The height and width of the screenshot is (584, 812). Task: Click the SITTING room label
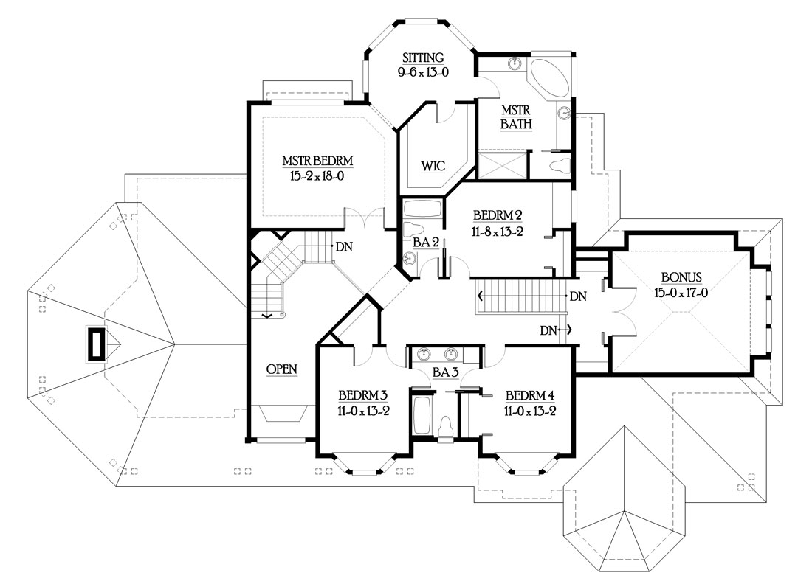pos(423,58)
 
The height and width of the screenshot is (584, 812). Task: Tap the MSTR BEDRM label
pos(317,161)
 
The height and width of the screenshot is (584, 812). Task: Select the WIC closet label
pos(433,166)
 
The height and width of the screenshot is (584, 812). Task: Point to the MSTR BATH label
pos(516,117)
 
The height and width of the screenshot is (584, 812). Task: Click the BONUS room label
pos(681,277)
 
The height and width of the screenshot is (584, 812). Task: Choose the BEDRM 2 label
pos(497,215)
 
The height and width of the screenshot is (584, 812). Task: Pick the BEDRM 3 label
pos(363,396)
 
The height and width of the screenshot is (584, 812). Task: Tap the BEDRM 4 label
pos(530,396)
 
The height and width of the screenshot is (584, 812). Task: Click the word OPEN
pos(282,369)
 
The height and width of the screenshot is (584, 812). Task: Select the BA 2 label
pos(426,242)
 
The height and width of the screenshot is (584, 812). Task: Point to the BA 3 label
pos(445,372)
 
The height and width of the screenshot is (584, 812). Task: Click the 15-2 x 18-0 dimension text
pos(317,176)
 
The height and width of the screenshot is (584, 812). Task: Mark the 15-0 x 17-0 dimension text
pos(681,293)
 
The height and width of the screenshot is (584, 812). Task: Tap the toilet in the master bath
pos(558,166)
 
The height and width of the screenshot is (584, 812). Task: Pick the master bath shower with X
pos(502,165)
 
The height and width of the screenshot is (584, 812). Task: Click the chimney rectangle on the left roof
pos(96,344)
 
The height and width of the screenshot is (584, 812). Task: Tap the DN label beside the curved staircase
pos(344,247)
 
